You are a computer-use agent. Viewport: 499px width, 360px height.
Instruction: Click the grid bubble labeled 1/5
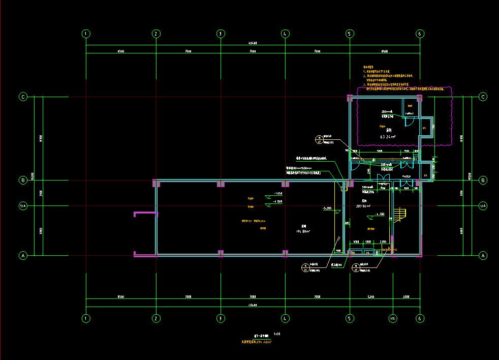click(x=393, y=318)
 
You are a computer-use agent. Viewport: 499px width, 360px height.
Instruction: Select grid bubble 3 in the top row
click(x=221, y=34)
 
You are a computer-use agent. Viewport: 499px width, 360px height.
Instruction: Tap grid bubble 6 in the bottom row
click(x=420, y=318)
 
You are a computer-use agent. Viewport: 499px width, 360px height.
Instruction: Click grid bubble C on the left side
click(x=23, y=97)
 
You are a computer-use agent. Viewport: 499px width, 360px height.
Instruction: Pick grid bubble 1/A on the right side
click(x=483, y=205)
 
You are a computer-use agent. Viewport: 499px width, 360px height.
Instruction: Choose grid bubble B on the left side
click(x=23, y=180)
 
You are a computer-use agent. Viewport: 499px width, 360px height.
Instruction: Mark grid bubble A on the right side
click(x=483, y=256)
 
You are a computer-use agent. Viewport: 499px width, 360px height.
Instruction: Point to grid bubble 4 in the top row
click(x=285, y=34)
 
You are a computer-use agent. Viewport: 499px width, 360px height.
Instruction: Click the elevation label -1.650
click(x=277, y=194)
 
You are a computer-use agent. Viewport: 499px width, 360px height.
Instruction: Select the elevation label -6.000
click(x=277, y=202)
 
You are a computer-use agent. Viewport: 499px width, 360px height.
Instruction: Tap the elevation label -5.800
click(x=327, y=208)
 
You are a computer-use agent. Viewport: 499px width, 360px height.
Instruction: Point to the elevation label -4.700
click(x=379, y=214)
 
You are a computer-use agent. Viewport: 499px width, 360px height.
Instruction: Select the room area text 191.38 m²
click(x=303, y=231)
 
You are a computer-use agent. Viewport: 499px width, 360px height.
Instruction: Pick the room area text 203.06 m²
click(x=362, y=206)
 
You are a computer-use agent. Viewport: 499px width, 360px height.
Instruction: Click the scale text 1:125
click(x=277, y=334)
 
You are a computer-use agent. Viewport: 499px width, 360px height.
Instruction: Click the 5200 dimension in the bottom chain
click(x=371, y=296)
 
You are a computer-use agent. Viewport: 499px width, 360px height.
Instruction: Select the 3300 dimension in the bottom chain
click(x=406, y=296)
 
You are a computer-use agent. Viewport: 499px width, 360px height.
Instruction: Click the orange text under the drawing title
click(x=256, y=342)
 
